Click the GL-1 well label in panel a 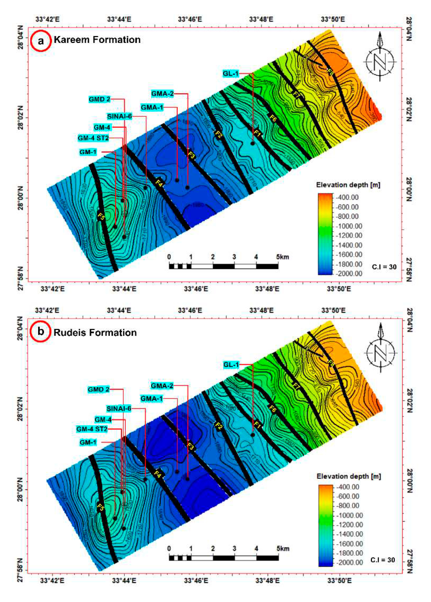[231, 73]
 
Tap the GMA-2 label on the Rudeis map [162, 386]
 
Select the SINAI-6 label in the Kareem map [119, 116]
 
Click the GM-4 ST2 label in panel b [92, 429]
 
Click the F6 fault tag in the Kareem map [273, 118]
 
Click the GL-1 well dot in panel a [253, 143]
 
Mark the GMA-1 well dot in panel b [177, 471]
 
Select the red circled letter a [41, 41]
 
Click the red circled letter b [41, 331]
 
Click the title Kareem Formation [97, 40]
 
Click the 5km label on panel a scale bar [282, 257]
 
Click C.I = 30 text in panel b [382, 560]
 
